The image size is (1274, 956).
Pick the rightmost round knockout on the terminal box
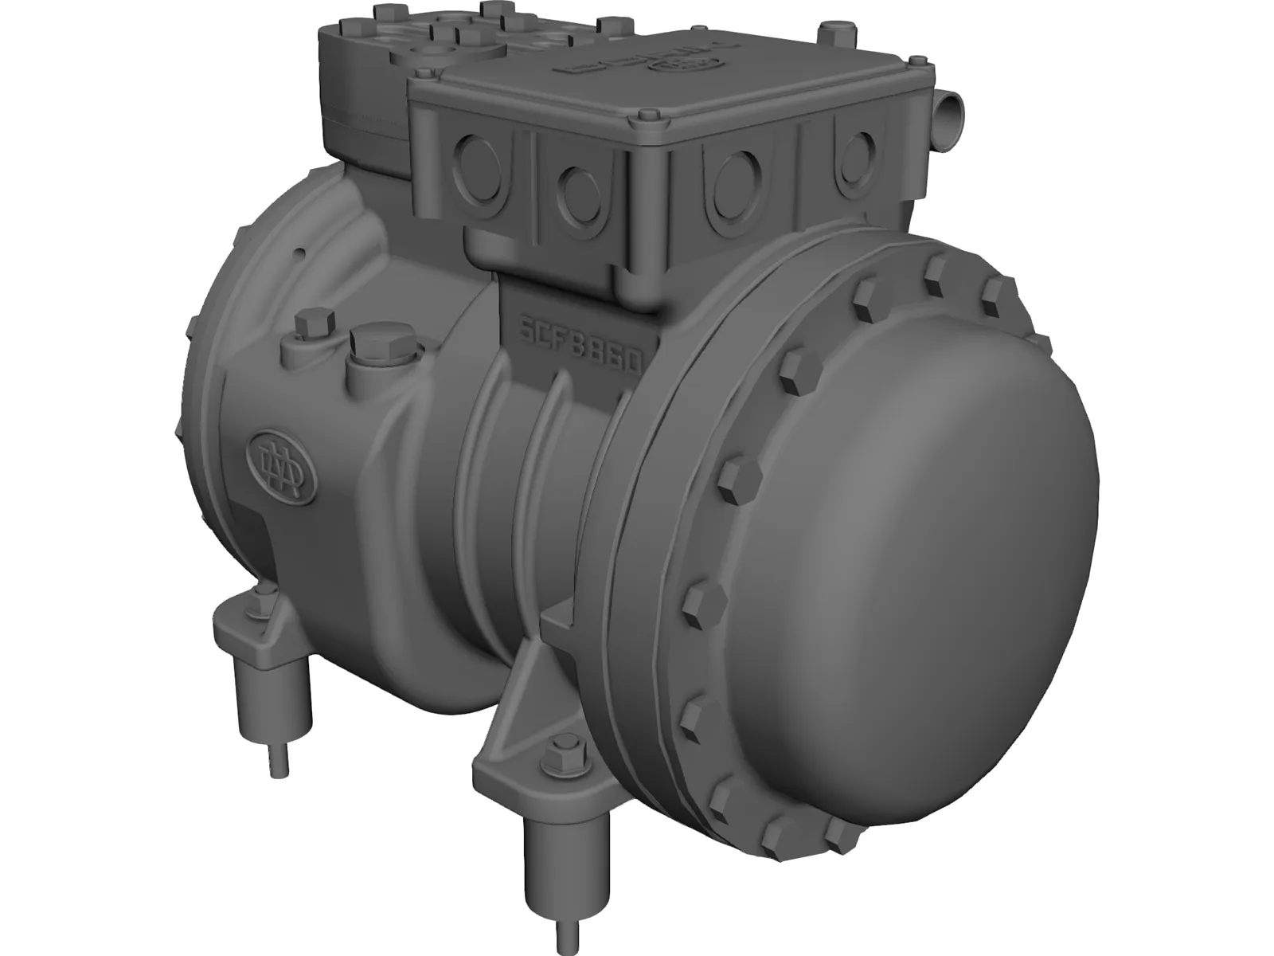854,151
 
